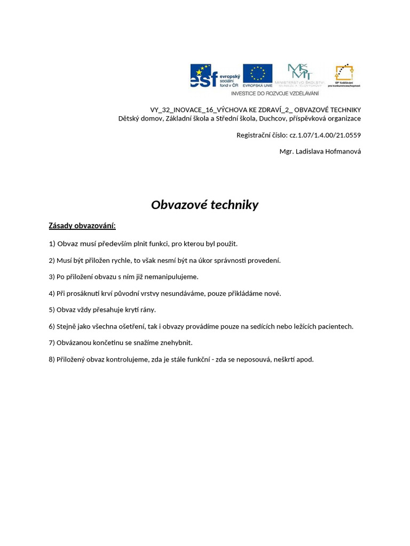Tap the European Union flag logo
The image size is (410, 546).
(257, 76)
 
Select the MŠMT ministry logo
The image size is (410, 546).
(299, 76)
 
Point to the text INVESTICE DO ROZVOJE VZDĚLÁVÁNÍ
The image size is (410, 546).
(274, 93)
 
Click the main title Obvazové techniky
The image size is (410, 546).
(204, 205)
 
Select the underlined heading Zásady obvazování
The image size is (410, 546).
(82, 226)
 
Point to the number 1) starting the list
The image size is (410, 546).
(52, 244)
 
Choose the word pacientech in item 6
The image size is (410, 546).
(336, 326)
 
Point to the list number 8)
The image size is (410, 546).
(52, 359)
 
